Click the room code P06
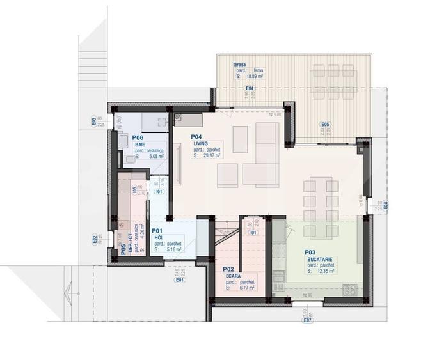138,137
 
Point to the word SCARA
232,276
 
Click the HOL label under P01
159,238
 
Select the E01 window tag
180,279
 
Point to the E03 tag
93,120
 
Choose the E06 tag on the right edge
385,206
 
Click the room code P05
123,247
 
